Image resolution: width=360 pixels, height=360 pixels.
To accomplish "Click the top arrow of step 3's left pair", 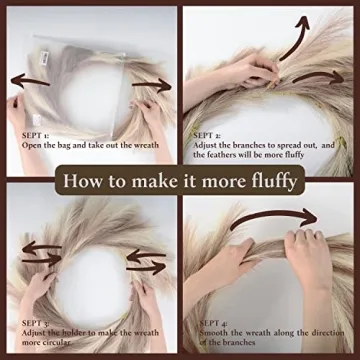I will [x=42, y=247].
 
